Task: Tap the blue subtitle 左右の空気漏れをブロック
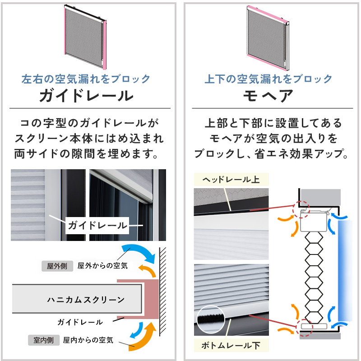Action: point(86,79)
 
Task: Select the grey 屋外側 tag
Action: point(57,266)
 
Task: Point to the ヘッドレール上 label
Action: point(231,180)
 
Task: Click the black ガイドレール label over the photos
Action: point(97,226)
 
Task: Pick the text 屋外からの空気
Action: point(102,266)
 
